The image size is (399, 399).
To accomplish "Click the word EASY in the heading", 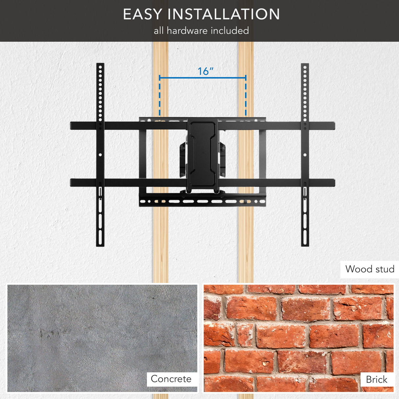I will (143, 14).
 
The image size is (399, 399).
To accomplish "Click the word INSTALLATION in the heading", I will (224, 14).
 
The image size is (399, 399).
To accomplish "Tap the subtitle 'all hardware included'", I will (201, 31).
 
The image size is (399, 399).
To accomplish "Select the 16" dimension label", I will (205, 71).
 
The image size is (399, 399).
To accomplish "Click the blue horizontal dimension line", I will (202, 78).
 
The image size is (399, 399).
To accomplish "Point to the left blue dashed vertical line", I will (160, 99).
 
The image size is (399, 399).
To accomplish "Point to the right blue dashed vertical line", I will (246, 99).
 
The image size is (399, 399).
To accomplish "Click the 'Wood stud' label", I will (369, 269).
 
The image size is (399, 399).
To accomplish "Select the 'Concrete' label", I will (171, 379).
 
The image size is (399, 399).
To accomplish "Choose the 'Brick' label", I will (376, 380).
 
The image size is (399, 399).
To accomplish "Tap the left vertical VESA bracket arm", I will (100, 154).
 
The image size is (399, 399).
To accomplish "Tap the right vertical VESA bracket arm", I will (305, 154).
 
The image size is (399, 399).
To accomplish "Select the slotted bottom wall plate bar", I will (202, 201).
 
